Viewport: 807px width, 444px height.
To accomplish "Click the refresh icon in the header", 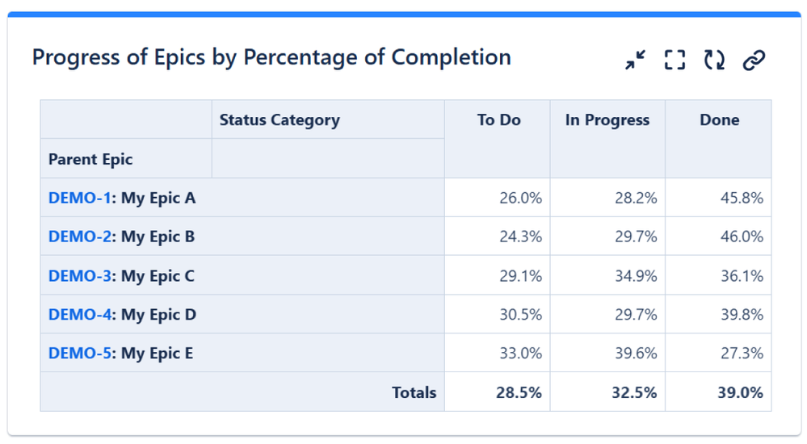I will click(x=714, y=60).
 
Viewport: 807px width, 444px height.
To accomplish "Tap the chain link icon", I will click(x=754, y=60).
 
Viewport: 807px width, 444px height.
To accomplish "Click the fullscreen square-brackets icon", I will click(x=675, y=60).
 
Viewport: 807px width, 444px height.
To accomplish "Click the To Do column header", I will click(x=498, y=120).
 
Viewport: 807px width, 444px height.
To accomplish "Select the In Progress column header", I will click(x=607, y=120).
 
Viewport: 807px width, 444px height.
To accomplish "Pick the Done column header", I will click(x=719, y=120).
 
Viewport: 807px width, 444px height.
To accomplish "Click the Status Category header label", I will click(x=280, y=120).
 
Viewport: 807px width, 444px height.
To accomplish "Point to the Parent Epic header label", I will click(x=90, y=159).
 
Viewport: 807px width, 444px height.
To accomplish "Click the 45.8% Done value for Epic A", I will click(x=742, y=198).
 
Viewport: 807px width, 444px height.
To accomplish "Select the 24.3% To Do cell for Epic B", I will click(x=520, y=237).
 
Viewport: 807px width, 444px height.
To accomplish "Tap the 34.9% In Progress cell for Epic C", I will click(x=635, y=276).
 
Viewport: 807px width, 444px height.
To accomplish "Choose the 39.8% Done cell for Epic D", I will click(x=742, y=315).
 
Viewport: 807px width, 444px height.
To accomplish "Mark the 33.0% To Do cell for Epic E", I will click(x=520, y=354).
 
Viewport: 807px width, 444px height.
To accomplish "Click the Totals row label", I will click(x=414, y=393).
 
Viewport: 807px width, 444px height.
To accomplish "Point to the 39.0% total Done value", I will click(x=741, y=393).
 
